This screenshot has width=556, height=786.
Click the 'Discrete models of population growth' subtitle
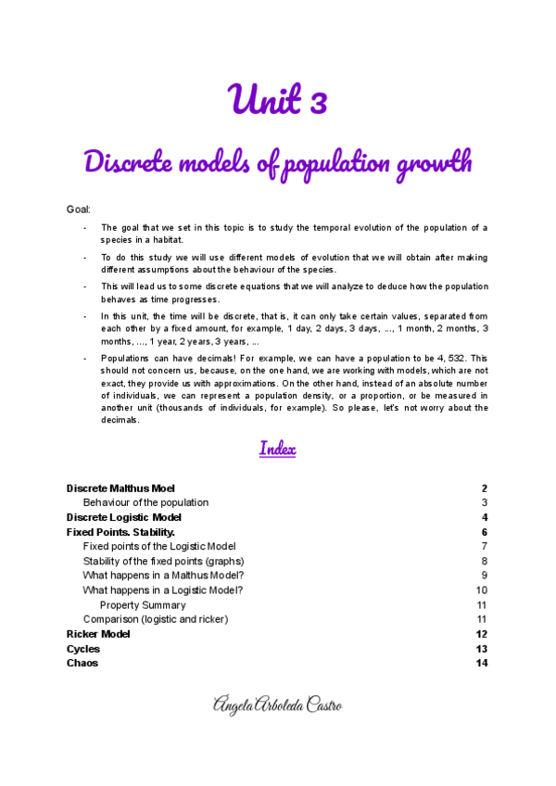[278, 163]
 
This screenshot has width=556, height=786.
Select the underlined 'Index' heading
[278, 450]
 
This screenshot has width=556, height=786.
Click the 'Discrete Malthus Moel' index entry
[120, 488]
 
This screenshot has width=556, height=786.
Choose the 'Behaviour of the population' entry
[145, 502]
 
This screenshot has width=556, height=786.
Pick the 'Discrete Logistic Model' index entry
[124, 517]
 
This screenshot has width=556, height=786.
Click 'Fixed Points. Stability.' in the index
[120, 532]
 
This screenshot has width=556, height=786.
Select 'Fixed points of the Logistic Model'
[159, 547]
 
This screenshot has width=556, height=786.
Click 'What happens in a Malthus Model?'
[163, 576]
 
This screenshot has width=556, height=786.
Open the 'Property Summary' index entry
[143, 605]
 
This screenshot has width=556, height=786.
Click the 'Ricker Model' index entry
[98, 634]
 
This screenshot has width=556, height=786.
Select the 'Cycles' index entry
[83, 649]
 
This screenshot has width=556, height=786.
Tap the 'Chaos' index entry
[82, 664]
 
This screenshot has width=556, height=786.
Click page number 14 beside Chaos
[481, 664]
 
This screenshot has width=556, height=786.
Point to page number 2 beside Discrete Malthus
[484, 488]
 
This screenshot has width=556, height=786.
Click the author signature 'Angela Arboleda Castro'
[278, 706]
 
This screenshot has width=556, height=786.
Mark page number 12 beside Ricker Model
[481, 634]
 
